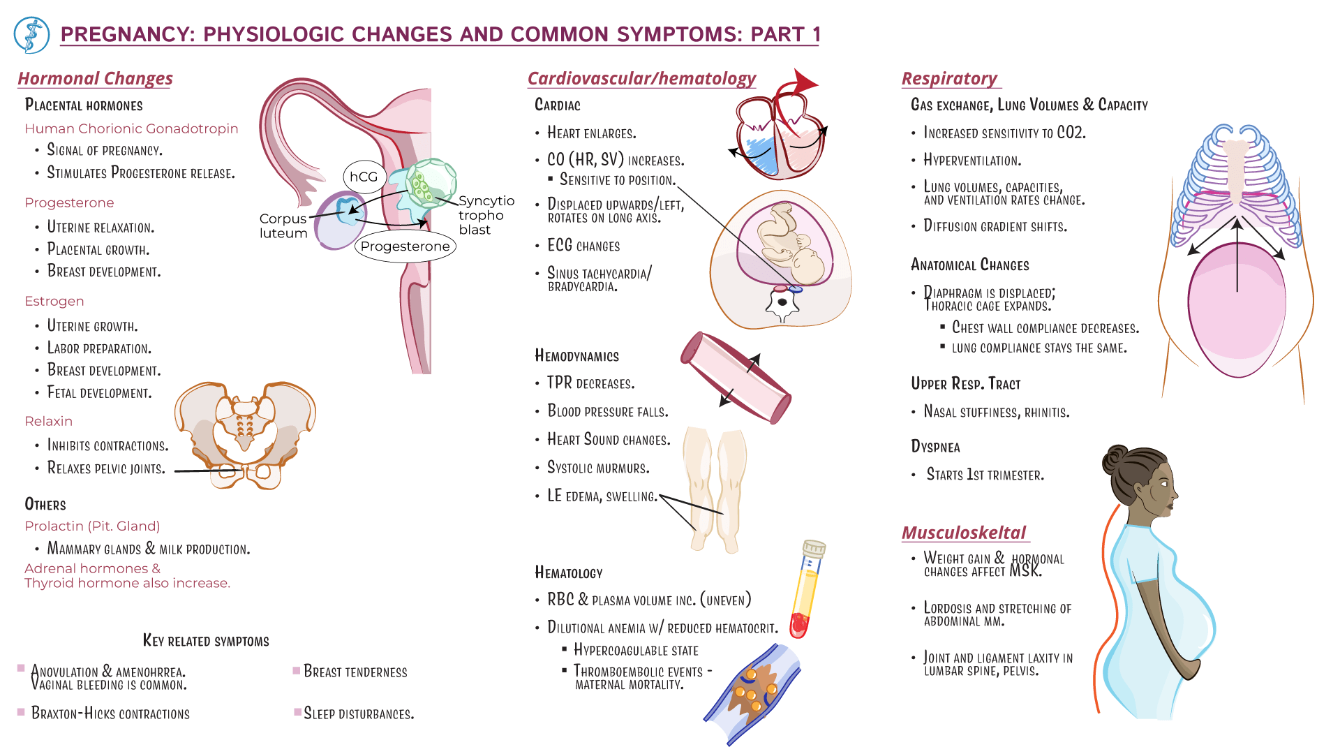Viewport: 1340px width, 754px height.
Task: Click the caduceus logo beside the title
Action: click(31, 35)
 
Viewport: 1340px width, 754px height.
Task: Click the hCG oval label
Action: click(364, 177)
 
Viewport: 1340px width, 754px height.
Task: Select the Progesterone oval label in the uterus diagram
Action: click(405, 246)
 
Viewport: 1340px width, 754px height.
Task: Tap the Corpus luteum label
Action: click(283, 226)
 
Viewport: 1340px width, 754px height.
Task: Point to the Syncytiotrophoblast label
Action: click(486, 215)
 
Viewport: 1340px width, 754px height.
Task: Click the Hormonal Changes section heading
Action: click(95, 78)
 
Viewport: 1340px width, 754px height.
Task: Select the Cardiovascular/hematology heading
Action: click(641, 78)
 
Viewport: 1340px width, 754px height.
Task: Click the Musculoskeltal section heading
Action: click(963, 533)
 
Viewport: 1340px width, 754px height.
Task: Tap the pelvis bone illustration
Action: click(246, 433)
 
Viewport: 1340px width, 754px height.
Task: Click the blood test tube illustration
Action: click(807, 590)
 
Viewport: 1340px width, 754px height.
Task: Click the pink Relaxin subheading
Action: click(48, 421)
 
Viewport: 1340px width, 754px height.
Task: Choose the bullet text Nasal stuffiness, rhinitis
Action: click(996, 412)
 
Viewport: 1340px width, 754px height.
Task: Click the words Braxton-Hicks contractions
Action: click(110, 714)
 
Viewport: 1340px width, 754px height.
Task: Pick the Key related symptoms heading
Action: click(206, 641)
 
